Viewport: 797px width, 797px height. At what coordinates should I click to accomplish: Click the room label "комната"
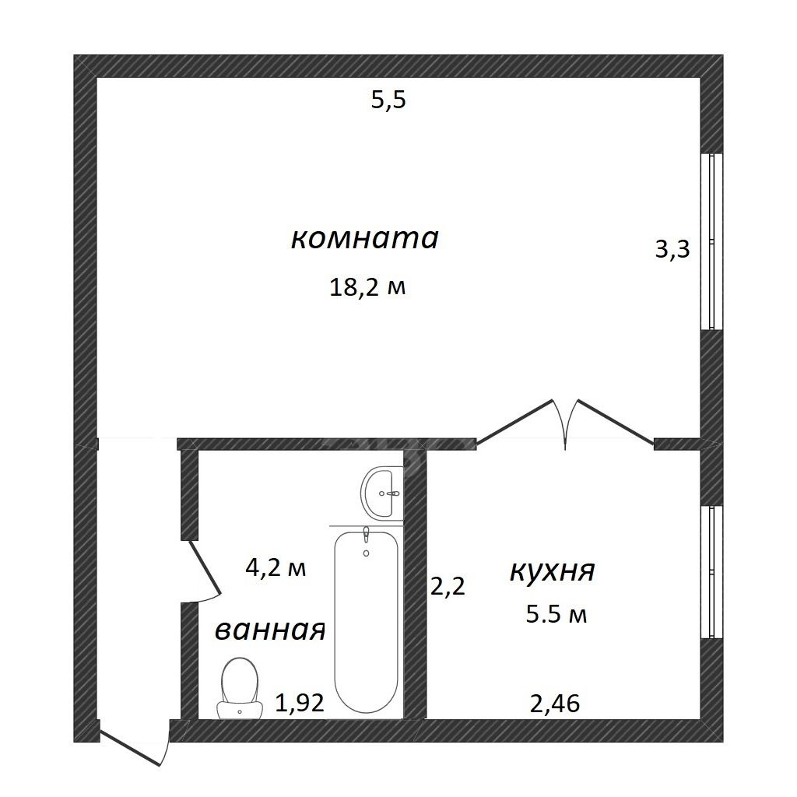(x=364, y=238)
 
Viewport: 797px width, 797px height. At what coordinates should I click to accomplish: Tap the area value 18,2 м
(x=367, y=288)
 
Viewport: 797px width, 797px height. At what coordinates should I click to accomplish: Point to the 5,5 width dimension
(x=389, y=100)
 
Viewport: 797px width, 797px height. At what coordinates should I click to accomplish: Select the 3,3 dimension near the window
(x=672, y=249)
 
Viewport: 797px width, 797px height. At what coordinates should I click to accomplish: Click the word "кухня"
(x=552, y=571)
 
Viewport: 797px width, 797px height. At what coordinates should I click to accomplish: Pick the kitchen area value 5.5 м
(x=556, y=615)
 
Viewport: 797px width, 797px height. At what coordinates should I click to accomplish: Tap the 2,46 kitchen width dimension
(x=554, y=704)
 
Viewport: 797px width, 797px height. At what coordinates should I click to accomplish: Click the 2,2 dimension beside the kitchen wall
(x=448, y=587)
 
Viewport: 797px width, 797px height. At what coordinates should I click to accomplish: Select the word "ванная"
(x=270, y=630)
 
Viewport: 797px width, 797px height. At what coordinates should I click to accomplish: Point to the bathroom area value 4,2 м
(x=276, y=567)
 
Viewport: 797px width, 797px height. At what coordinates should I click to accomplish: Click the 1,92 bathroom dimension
(x=300, y=703)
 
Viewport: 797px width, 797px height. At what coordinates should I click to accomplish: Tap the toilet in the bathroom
(x=240, y=688)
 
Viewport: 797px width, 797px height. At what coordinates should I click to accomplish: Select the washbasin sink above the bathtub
(x=381, y=493)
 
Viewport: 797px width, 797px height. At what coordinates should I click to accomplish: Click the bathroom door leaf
(x=205, y=567)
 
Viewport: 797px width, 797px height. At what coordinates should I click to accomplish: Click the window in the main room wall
(x=711, y=241)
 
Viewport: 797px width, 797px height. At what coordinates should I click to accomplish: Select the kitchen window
(x=711, y=572)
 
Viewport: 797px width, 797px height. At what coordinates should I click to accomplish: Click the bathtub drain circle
(x=366, y=553)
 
